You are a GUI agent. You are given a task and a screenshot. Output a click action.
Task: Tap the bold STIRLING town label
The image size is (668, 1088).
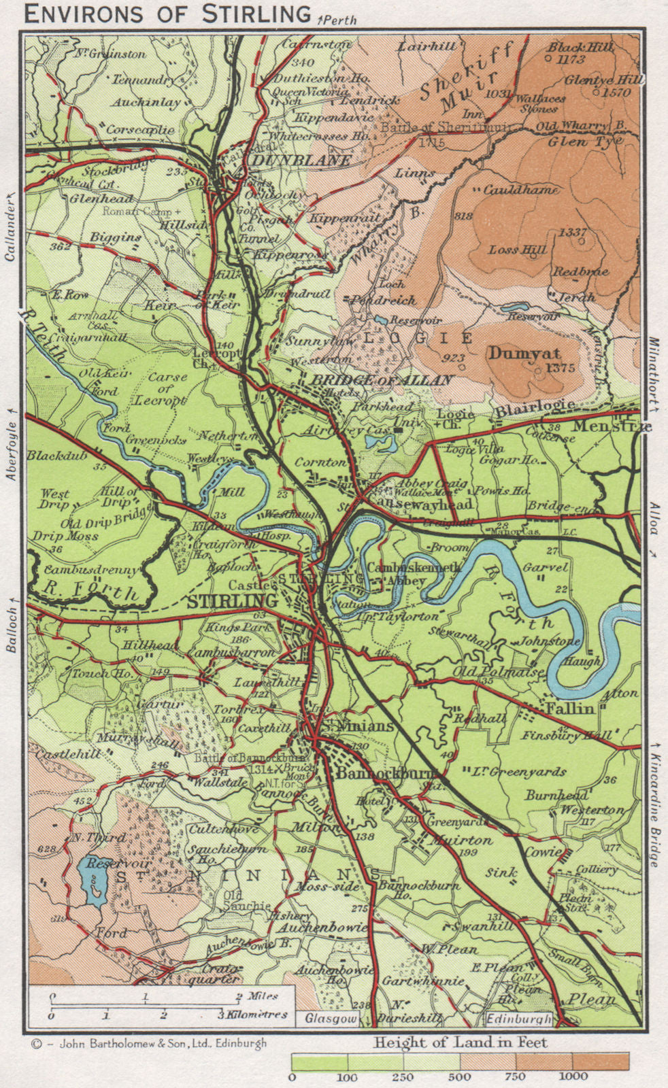click(x=232, y=601)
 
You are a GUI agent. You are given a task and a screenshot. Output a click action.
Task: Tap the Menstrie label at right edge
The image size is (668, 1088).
click(x=611, y=427)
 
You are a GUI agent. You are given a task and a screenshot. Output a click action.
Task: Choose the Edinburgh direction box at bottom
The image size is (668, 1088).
click(x=519, y=1019)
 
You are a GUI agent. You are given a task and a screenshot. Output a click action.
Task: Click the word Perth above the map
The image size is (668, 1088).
click(x=338, y=20)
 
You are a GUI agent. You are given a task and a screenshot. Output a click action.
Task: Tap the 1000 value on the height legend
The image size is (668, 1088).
click(x=573, y=1076)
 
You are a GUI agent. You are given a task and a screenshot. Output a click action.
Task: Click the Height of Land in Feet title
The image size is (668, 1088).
click(x=461, y=1042)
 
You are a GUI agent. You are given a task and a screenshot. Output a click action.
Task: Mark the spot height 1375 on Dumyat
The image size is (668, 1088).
click(x=560, y=368)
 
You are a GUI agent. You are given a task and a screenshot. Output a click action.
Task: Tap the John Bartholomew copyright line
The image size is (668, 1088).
click(x=148, y=1042)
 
